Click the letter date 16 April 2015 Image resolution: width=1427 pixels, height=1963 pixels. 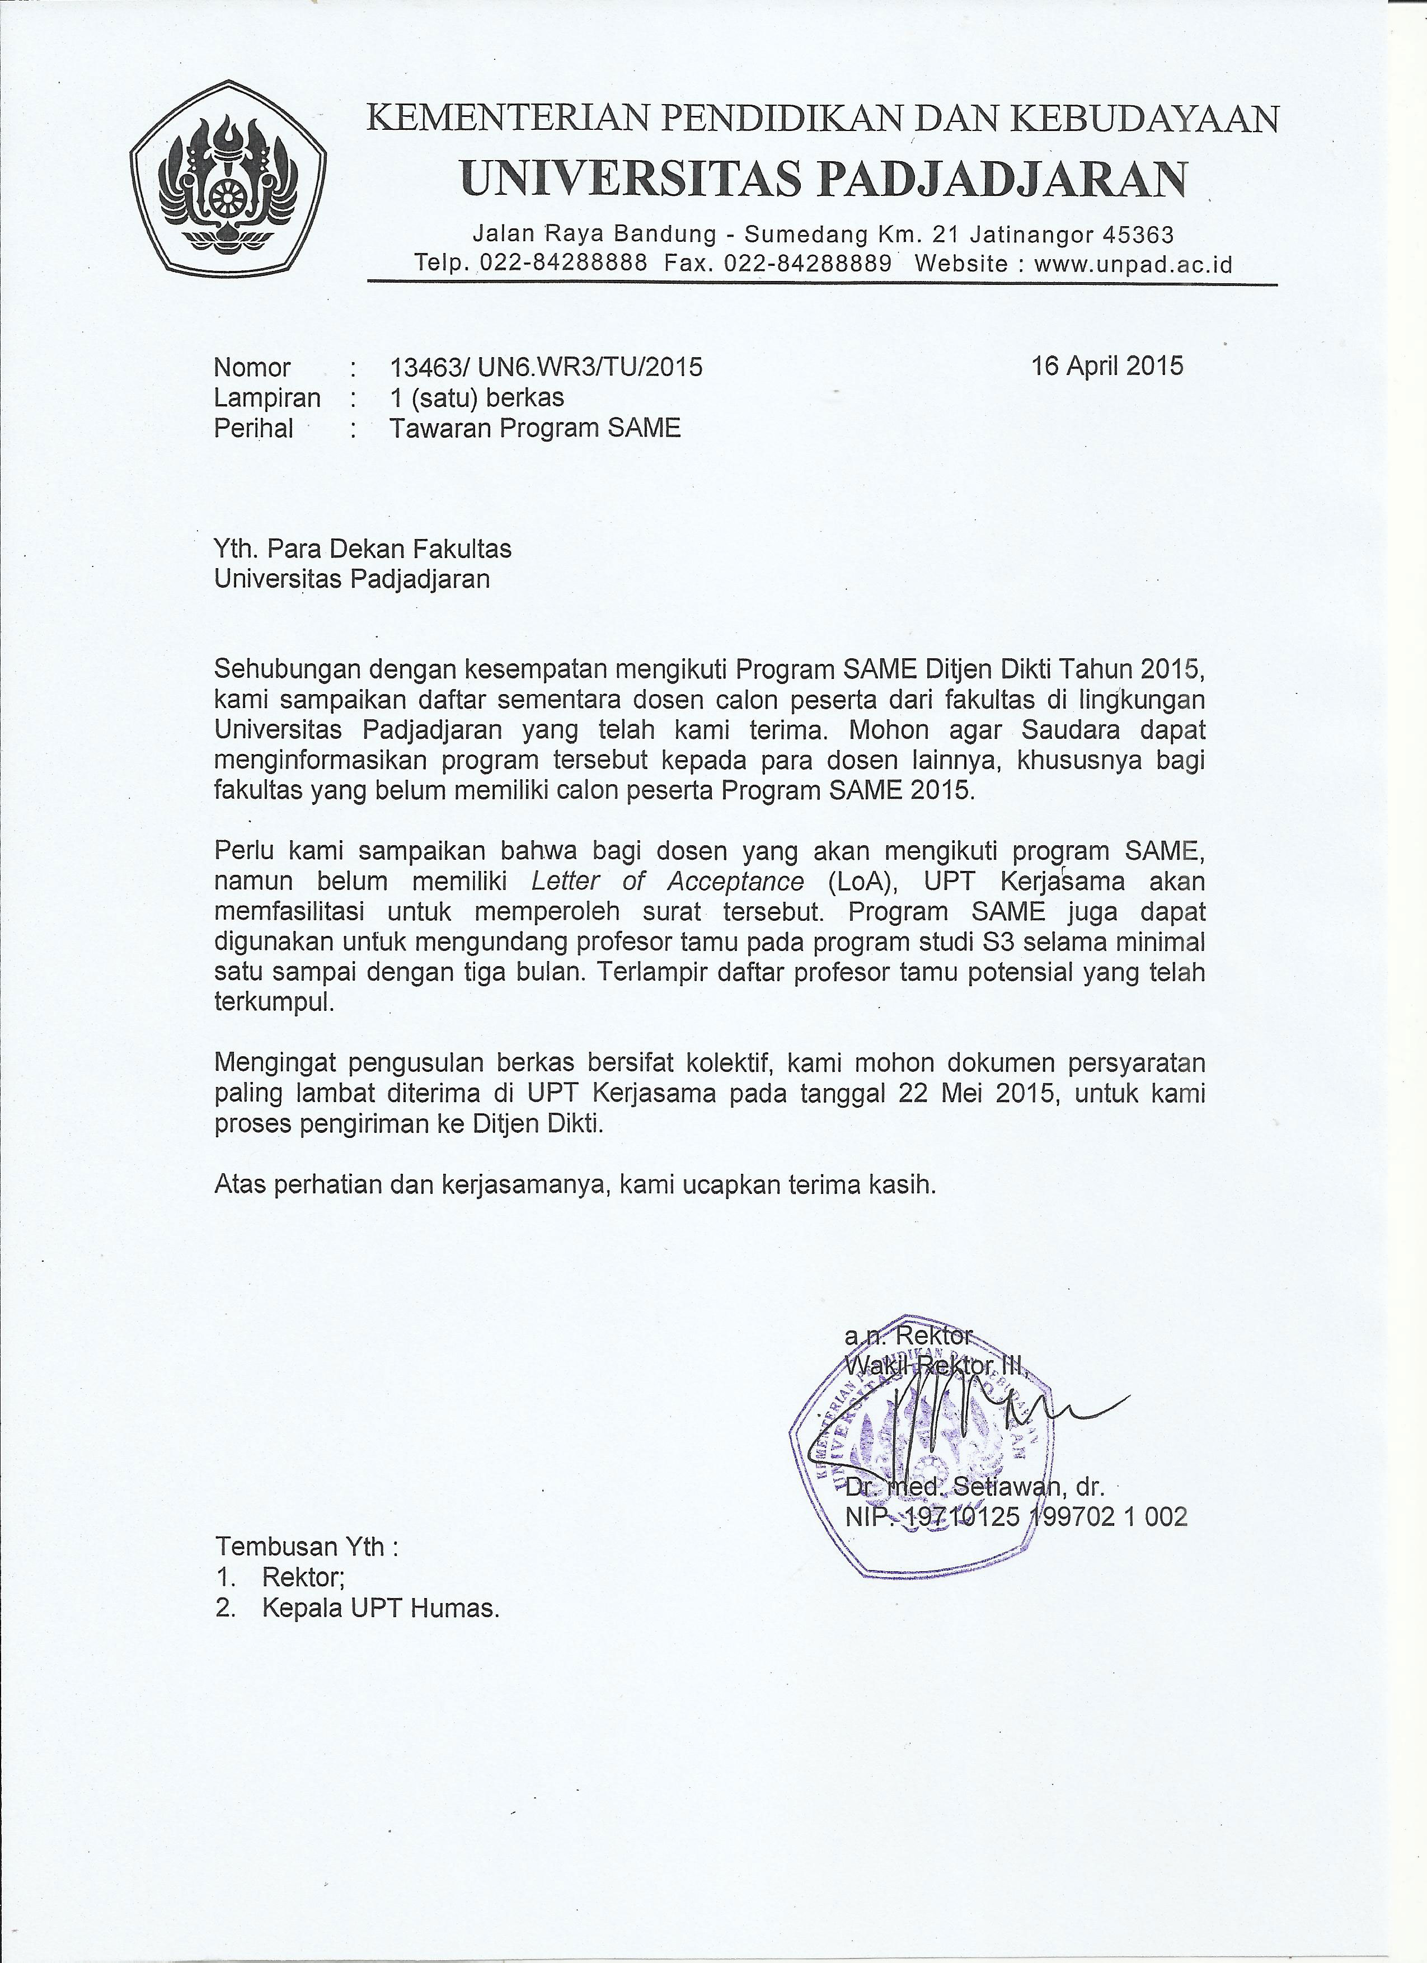(x=1107, y=366)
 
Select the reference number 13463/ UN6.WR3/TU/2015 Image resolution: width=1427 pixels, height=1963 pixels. (x=546, y=368)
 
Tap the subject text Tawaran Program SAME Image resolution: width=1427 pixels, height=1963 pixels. (x=535, y=428)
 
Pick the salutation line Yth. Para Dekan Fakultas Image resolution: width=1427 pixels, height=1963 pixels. (x=363, y=549)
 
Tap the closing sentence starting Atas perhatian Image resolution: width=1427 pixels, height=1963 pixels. (x=575, y=1184)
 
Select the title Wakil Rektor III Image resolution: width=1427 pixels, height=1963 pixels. (x=935, y=1366)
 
